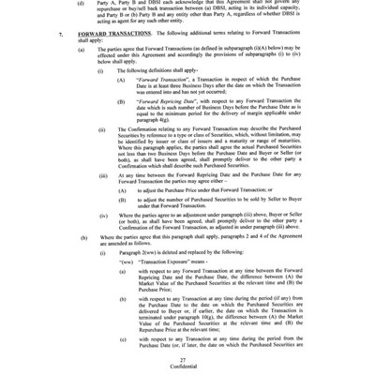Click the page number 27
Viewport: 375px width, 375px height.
pos(187,359)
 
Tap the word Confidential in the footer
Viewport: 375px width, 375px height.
pos(187,367)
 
